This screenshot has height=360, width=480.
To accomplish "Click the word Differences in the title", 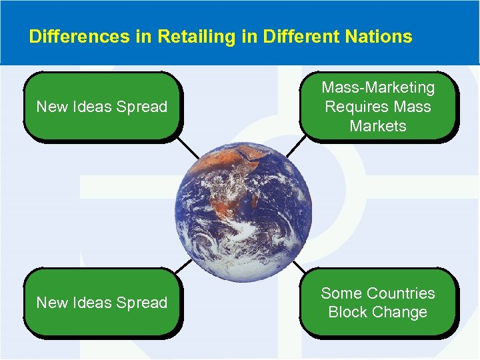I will [x=71, y=37].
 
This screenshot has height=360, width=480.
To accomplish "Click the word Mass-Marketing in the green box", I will [x=378, y=88].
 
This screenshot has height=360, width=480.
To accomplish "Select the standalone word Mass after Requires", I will [x=413, y=107].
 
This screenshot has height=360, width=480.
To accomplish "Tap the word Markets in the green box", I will [x=378, y=126].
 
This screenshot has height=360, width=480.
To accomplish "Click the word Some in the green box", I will [x=341, y=293].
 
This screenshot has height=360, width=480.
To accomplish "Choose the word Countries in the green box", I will [x=401, y=293].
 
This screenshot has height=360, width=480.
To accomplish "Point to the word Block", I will [x=349, y=312].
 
